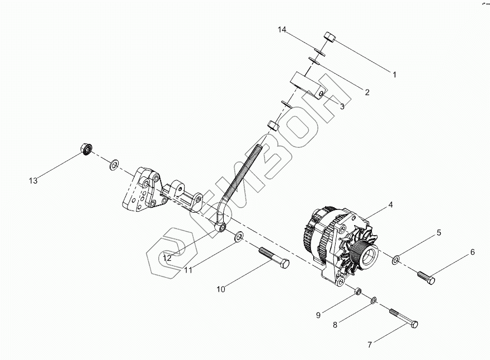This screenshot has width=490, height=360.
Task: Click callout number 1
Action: pos(394,74)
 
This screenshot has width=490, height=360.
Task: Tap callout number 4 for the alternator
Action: pos(390,205)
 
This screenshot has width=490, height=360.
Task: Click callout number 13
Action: pos(34,180)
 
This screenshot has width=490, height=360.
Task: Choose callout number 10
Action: pos(221,289)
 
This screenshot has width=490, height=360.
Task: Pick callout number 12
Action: pos(167,258)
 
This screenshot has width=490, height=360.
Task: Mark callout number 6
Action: pos(473,253)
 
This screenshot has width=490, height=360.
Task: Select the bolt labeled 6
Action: pos(426,277)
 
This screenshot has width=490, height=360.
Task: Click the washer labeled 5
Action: pos(395,259)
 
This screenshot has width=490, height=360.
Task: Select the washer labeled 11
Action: pos(238,236)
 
